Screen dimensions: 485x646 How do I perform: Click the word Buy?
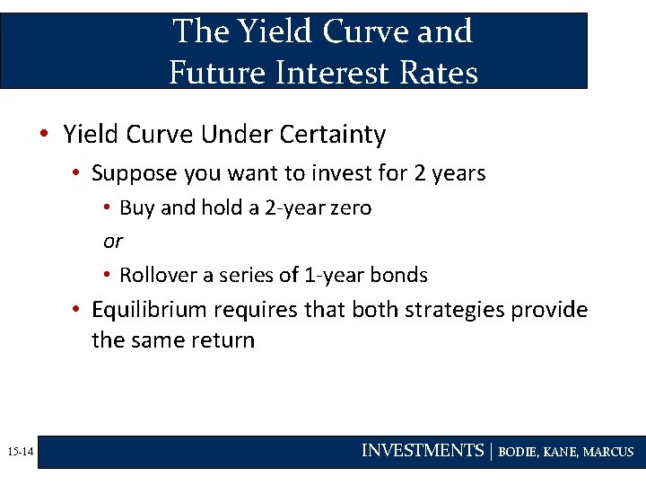point(137,207)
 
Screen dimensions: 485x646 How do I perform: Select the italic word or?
point(112,241)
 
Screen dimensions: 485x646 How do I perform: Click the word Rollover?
point(158,275)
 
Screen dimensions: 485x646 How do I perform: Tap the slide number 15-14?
point(18,452)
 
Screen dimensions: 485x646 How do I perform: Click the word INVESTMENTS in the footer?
point(422,451)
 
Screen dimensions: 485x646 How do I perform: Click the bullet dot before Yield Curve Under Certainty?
point(44,136)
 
